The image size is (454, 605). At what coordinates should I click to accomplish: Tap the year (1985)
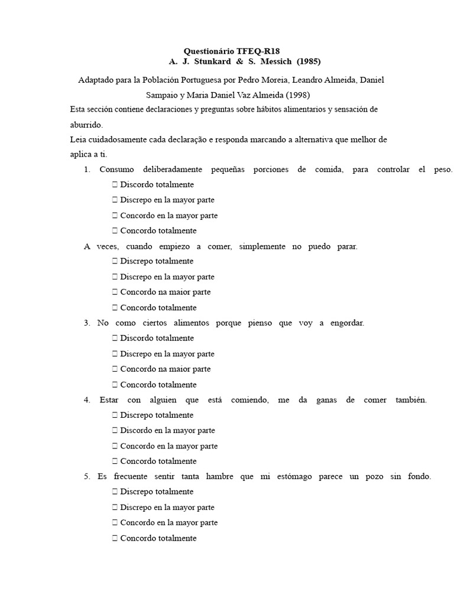tap(309, 61)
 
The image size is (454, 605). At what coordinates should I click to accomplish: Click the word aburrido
tap(86, 125)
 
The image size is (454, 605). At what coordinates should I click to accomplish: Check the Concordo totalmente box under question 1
tap(115, 231)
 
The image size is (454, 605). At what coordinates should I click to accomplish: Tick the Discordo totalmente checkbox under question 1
tap(115, 185)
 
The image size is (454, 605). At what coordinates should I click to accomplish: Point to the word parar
tap(347, 246)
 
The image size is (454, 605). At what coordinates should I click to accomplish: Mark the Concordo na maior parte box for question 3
tap(115, 369)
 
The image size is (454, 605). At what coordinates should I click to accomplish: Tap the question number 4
tap(87, 400)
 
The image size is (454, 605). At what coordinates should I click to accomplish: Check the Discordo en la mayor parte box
tap(115, 431)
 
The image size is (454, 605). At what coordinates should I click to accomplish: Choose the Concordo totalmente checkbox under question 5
tap(115, 538)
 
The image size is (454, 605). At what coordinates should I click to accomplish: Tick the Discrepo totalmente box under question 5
tap(115, 492)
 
